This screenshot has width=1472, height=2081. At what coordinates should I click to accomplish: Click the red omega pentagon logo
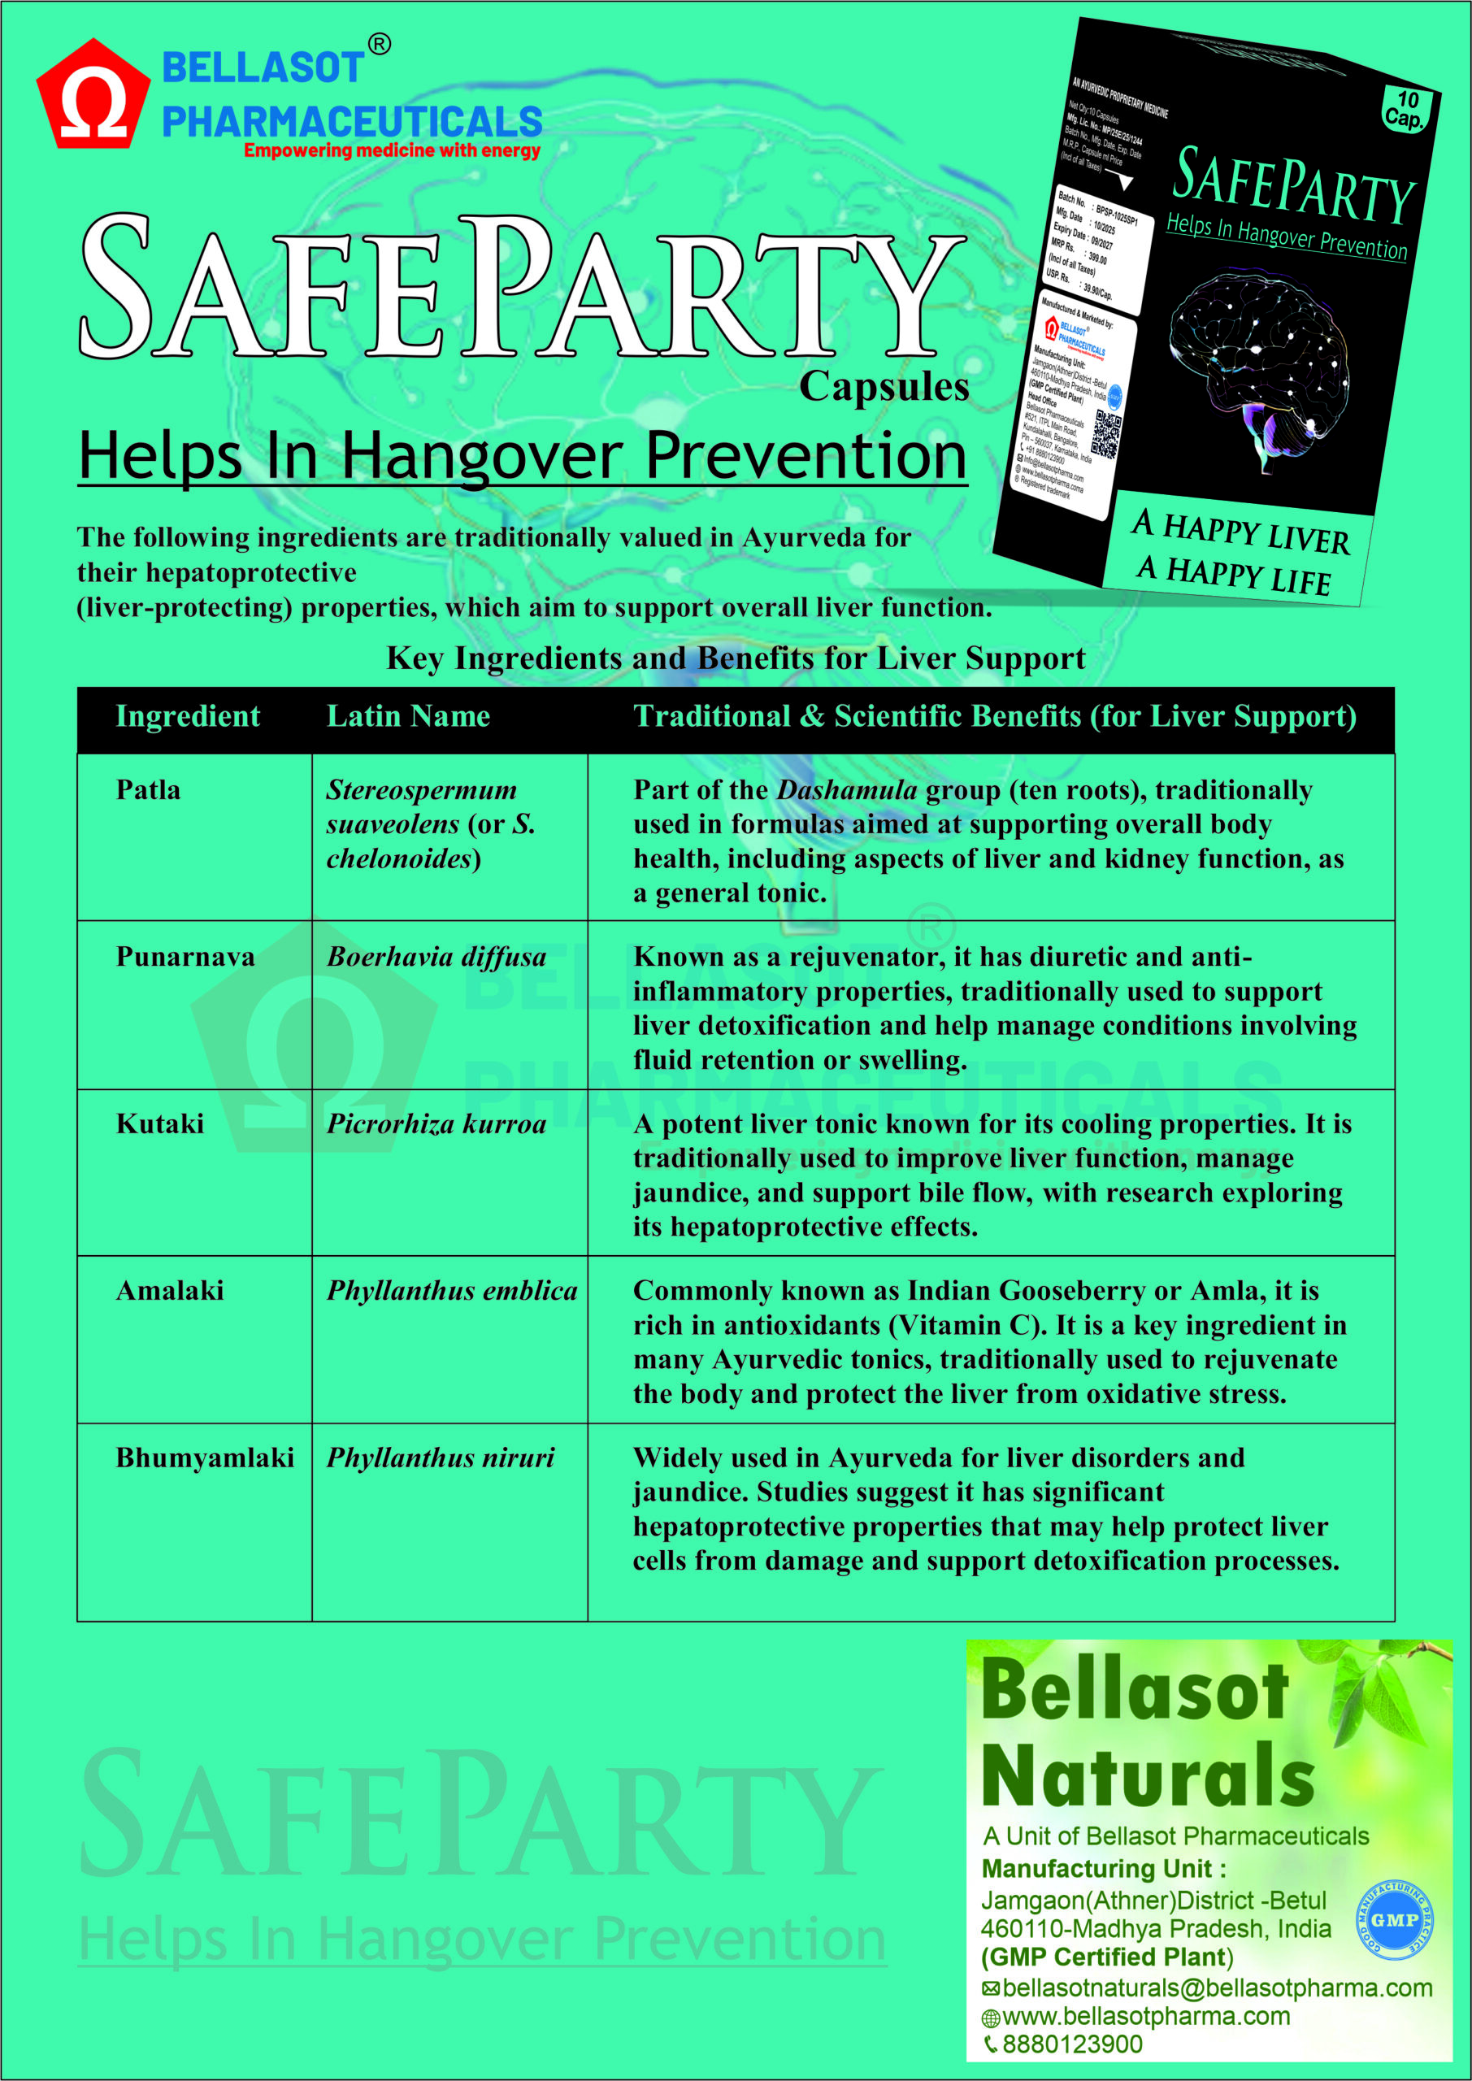click(93, 95)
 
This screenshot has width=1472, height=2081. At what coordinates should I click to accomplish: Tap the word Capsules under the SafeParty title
click(884, 387)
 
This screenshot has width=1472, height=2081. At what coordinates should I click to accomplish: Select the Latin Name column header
click(408, 717)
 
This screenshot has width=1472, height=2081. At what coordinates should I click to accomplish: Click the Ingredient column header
click(188, 717)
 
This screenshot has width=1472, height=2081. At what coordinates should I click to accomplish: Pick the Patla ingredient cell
click(148, 790)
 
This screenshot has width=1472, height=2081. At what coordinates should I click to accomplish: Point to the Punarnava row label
click(185, 957)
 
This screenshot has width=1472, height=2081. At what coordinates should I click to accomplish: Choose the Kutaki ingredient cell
click(159, 1124)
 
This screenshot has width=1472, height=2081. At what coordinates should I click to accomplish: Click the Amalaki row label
click(170, 1291)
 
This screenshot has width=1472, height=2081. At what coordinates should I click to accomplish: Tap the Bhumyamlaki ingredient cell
click(205, 1458)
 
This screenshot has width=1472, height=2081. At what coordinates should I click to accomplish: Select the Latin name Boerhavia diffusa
click(436, 957)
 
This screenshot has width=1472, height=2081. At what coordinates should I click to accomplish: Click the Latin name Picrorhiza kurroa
click(436, 1124)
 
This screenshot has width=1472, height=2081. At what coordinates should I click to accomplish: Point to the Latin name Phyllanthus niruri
click(441, 1458)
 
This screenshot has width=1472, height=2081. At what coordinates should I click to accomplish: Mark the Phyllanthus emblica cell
click(451, 1291)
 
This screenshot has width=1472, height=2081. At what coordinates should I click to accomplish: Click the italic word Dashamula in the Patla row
click(847, 790)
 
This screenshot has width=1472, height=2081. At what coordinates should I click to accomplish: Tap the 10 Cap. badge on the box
click(1405, 109)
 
